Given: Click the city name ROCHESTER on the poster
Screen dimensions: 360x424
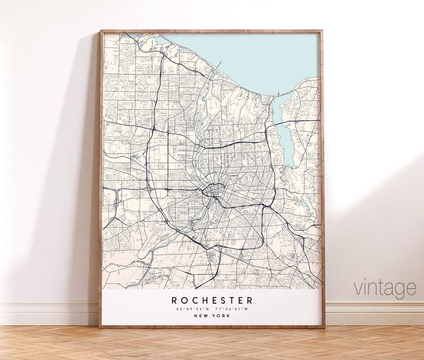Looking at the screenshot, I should [212, 301].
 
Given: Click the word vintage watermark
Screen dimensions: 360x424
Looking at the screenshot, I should [385, 288].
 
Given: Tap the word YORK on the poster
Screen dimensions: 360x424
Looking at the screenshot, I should [223, 316].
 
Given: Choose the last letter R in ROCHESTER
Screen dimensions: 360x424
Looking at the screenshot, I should [250, 301].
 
